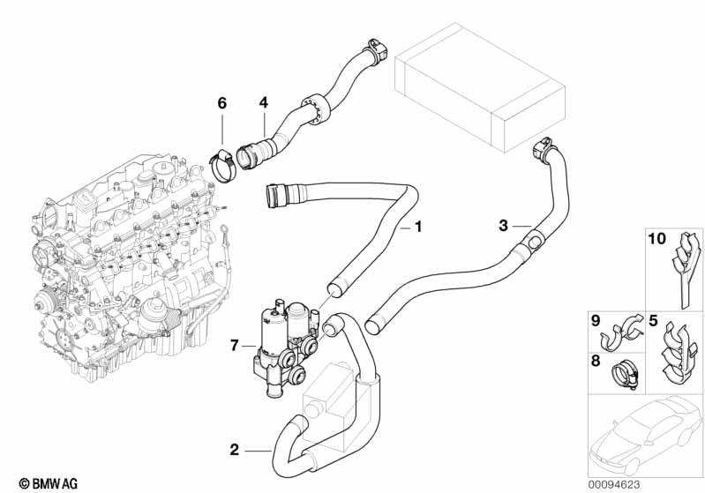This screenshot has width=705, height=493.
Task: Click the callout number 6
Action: pyautogui.click(x=222, y=103)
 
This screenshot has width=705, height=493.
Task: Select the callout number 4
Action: pyautogui.click(x=262, y=103)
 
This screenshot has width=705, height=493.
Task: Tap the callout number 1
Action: pyautogui.click(x=418, y=227)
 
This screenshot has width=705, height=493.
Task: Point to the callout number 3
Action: pyautogui.click(x=503, y=226)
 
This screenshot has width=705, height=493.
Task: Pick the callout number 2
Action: pyautogui.click(x=234, y=450)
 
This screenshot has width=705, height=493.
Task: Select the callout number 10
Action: pyautogui.click(x=657, y=239)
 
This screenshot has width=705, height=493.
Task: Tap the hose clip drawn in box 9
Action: pyautogui.click(x=625, y=331)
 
